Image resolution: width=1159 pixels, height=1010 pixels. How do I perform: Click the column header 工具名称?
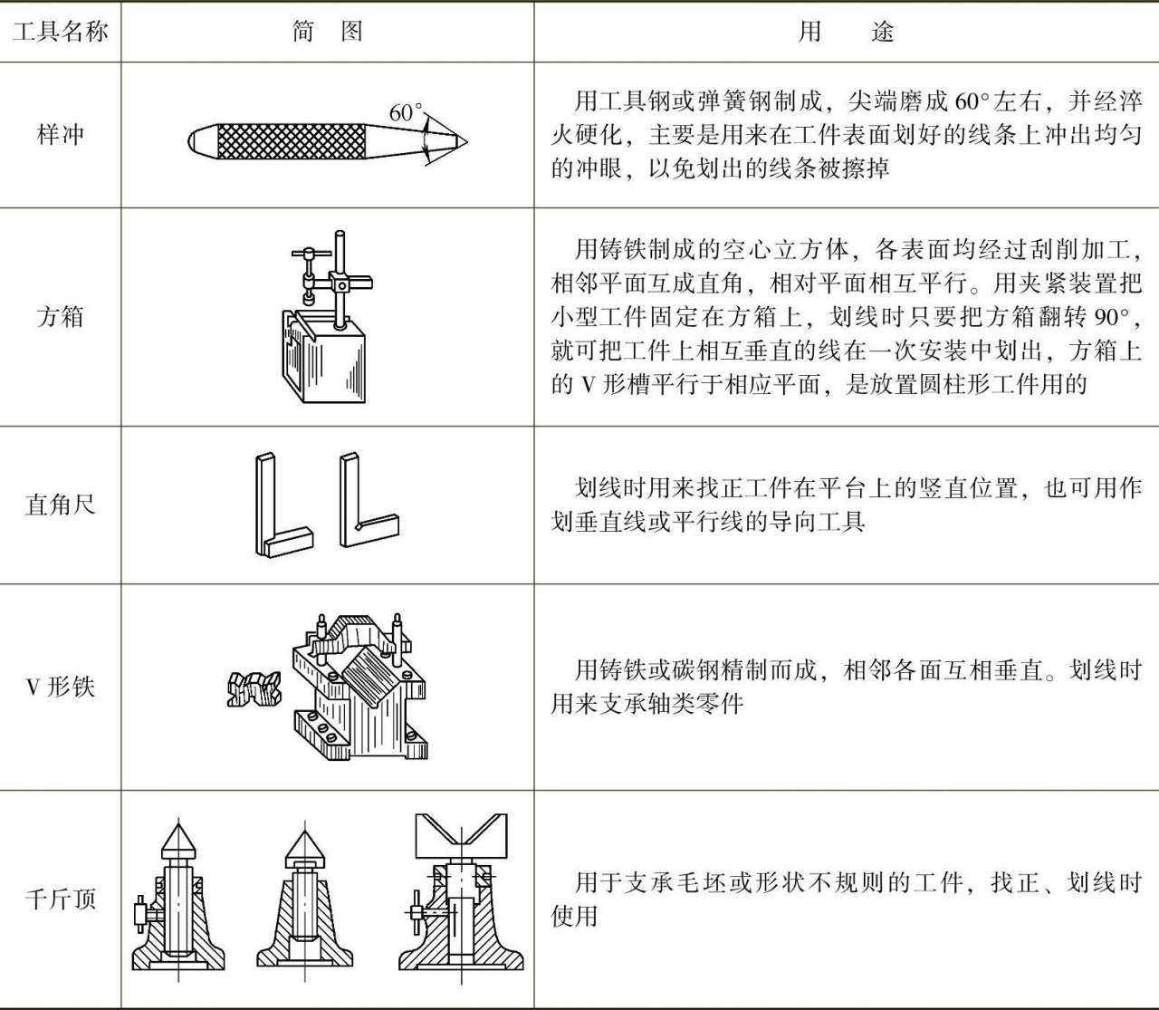60,32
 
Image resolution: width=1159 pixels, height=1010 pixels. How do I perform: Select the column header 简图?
327,32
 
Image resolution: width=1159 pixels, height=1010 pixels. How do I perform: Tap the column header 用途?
846,32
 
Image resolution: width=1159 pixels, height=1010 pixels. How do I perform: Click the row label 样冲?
60,135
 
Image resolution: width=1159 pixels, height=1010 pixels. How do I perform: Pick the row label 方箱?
60,317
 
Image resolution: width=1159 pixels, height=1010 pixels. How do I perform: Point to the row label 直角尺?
60,505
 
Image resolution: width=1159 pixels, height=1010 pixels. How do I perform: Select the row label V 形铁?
60,687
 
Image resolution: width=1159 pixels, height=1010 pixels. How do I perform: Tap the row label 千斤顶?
60,899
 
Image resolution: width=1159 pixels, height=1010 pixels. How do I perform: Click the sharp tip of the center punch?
464,141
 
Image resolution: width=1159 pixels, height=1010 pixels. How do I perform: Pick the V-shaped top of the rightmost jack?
460,834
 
